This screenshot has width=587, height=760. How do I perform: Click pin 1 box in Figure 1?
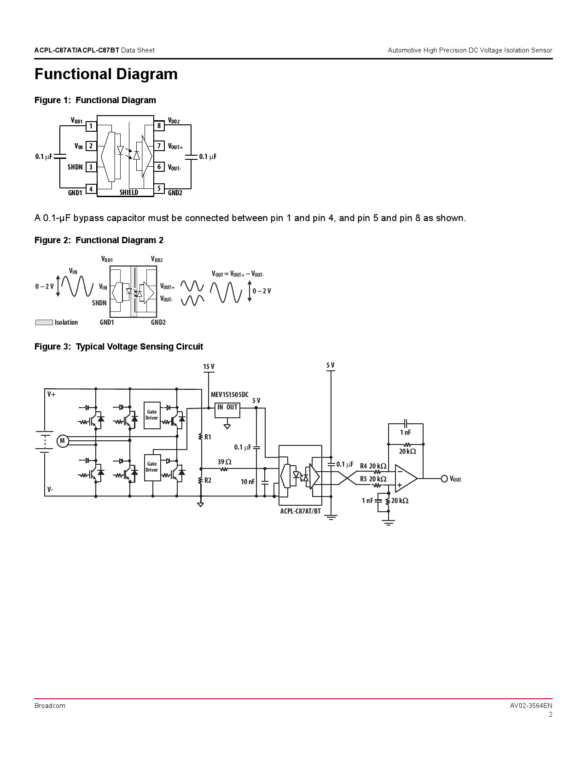point(91,126)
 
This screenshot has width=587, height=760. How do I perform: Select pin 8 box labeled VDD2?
point(159,126)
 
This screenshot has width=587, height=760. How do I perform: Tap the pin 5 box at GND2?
point(159,188)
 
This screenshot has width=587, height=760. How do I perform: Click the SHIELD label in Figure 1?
point(129,193)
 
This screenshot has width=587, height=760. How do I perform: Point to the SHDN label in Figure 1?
point(75,167)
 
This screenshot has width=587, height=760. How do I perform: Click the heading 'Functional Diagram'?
point(106,74)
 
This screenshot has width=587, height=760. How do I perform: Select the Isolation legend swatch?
point(44,322)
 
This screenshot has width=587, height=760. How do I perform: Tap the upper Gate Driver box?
point(152,415)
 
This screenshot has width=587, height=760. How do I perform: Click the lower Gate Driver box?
point(152,467)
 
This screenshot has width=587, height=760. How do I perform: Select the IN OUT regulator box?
point(227,409)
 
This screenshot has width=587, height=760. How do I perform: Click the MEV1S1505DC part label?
point(229,395)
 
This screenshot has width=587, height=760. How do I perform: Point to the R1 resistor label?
point(208,437)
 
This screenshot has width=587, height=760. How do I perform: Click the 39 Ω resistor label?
point(225,462)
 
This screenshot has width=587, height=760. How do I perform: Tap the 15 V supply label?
point(209,367)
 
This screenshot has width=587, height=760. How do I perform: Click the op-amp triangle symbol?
point(405,479)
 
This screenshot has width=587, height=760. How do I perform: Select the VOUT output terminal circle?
point(444,479)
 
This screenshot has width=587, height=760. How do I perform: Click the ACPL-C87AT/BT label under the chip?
point(300,511)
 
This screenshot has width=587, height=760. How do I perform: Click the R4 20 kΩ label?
point(373,466)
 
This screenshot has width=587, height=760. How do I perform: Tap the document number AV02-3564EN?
point(531,706)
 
